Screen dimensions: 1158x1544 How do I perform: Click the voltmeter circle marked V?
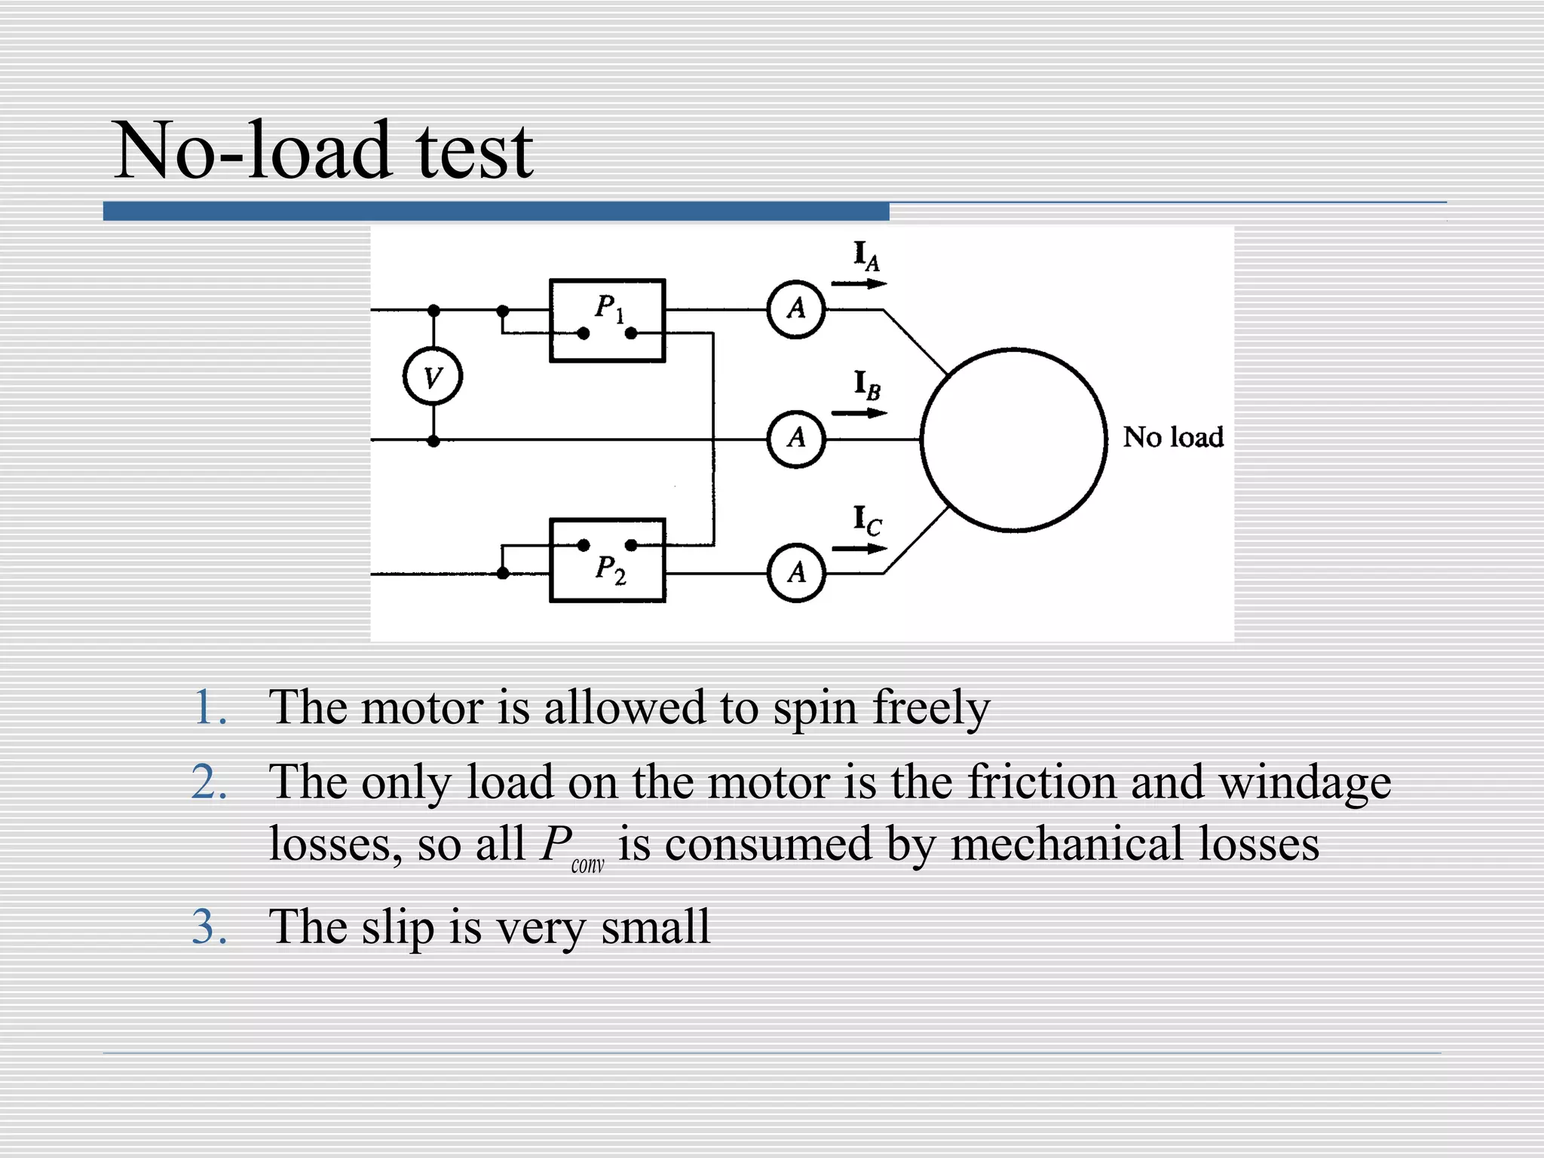pyautogui.click(x=433, y=376)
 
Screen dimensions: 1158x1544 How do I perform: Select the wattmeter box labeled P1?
pyautogui.click(x=607, y=320)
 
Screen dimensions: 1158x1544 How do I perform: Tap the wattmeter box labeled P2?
pyautogui.click(x=607, y=560)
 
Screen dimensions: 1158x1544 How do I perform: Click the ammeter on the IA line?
pyautogui.click(x=796, y=309)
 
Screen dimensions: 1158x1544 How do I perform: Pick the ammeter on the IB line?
pyautogui.click(x=796, y=439)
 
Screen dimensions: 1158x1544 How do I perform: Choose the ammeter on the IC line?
pyautogui.click(x=796, y=573)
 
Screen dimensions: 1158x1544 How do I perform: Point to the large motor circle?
pyautogui.click(x=1014, y=440)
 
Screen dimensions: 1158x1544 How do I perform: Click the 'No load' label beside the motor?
pyautogui.click(x=1172, y=437)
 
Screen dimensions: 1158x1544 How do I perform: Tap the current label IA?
pyautogui.click(x=866, y=256)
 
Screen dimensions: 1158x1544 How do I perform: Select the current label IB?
pyautogui.click(x=866, y=385)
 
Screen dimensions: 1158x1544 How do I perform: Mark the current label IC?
pyautogui.click(x=866, y=520)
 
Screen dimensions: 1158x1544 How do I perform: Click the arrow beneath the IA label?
pyautogui.click(x=859, y=284)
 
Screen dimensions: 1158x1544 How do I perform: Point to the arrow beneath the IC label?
pyautogui.click(x=859, y=549)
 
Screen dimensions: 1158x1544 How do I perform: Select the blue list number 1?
pyautogui.click(x=209, y=708)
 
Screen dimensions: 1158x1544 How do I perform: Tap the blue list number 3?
pyautogui.click(x=209, y=927)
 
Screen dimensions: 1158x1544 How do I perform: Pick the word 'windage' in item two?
pyautogui.click(x=1305, y=783)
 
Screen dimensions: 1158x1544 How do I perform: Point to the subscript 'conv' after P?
pyautogui.click(x=587, y=865)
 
